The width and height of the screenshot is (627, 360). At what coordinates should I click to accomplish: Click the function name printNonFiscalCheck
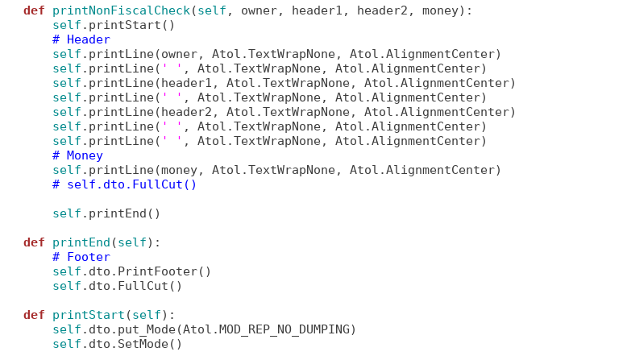(121, 10)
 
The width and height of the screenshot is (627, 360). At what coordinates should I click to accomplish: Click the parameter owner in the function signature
(259, 10)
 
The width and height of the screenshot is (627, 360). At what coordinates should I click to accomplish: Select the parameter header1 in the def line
(317, 10)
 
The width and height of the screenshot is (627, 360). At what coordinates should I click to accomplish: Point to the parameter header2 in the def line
(382, 10)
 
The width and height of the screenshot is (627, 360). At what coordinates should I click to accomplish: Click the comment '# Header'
(81, 39)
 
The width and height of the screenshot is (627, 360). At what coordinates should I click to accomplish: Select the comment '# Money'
(77, 155)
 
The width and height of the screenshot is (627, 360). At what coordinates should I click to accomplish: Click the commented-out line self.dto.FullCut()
(124, 184)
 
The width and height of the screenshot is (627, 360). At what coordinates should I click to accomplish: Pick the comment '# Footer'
(81, 257)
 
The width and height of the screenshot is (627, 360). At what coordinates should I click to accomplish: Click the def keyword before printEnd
(34, 242)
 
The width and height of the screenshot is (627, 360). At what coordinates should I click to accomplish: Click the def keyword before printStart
(34, 315)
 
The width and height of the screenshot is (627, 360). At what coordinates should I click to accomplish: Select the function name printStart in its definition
(89, 315)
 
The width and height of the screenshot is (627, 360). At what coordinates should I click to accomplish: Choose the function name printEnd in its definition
(81, 242)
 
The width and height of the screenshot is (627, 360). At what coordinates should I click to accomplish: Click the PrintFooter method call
(157, 271)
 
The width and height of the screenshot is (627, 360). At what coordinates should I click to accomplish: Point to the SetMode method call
(143, 344)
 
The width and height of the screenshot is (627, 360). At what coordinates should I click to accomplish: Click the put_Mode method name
(147, 330)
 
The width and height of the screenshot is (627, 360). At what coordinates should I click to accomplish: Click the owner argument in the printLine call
(179, 54)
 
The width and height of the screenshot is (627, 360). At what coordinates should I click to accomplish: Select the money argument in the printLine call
(179, 171)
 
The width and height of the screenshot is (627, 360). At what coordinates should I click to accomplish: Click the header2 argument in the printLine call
(186, 112)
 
